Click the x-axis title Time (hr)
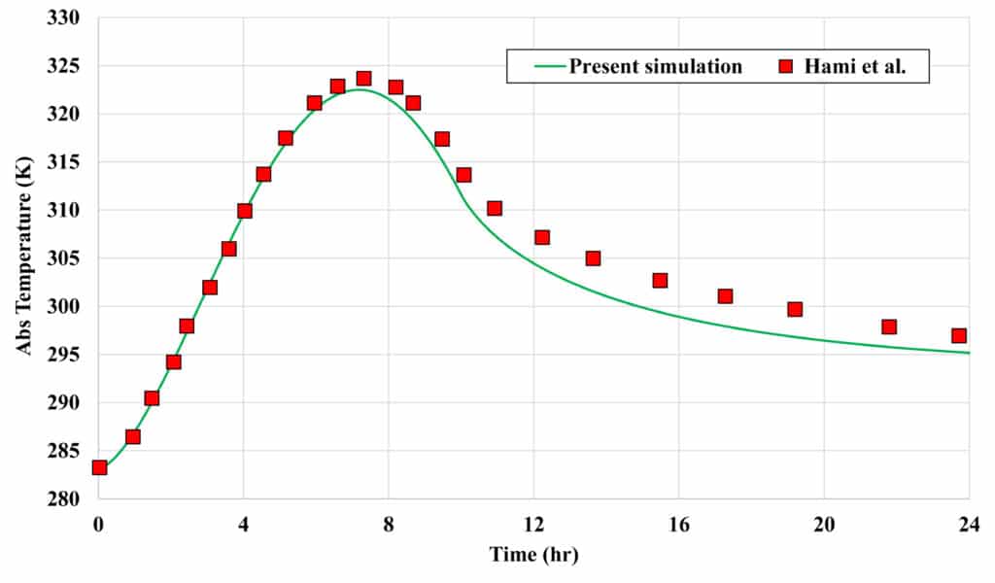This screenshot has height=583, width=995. (532, 555)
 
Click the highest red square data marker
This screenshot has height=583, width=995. (363, 78)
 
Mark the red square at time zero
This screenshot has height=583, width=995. (99, 467)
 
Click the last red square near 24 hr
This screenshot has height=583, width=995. (958, 335)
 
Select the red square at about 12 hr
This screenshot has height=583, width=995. (542, 237)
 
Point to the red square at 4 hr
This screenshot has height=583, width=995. (245, 211)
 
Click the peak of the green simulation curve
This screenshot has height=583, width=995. (360, 89)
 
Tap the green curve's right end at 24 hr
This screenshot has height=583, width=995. (968, 352)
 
